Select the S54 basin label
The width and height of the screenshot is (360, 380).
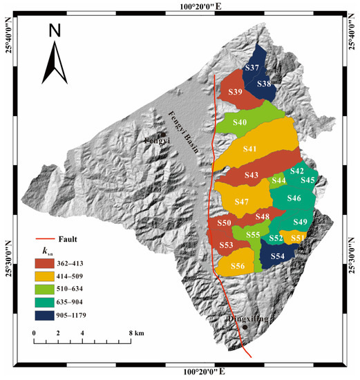coord(278,256)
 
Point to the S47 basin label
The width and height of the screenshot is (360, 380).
coord(242,202)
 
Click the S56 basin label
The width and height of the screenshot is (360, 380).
coord(237,267)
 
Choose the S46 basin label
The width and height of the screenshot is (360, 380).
coord(294,199)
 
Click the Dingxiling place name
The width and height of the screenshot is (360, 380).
coord(247,320)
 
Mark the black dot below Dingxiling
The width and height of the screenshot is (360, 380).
coord(244,328)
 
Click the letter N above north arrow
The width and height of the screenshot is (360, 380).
coord(55,31)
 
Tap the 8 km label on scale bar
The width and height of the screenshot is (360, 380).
coord(133,333)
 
